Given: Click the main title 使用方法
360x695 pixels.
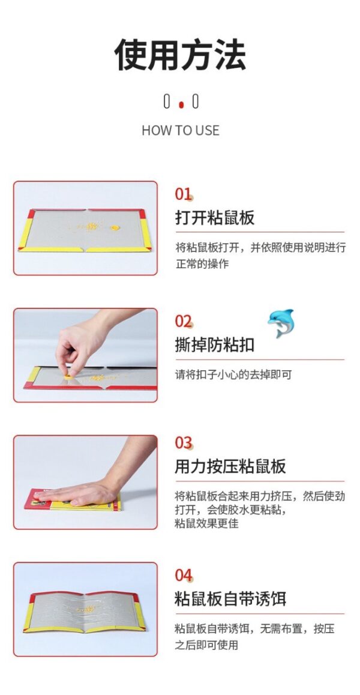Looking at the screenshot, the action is point(180,55).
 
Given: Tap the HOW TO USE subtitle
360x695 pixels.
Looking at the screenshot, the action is point(181,130).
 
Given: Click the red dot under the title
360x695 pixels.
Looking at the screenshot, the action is point(181,105).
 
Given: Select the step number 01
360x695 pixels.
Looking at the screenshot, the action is point(184,194).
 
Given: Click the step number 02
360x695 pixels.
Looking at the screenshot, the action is point(184,321).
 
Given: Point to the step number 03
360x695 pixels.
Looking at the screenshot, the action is point(184,443).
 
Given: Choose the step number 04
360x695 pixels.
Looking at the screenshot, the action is point(184,576).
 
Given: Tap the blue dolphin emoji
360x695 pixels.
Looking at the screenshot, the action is point(281,323).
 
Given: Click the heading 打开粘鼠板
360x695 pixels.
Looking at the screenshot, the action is point(215,218).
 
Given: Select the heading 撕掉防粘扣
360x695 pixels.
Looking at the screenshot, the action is point(215,345).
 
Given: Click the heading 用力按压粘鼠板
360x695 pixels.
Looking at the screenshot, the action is point(230,467).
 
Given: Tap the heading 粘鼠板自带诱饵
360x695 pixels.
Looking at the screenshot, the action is point(230,599).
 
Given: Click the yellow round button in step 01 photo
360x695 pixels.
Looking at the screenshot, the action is point(115,227).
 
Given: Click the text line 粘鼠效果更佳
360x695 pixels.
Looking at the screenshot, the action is point(206,523).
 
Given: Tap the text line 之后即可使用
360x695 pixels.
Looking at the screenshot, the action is point(206,645).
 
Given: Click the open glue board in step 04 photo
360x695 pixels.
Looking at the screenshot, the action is point(85,612).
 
